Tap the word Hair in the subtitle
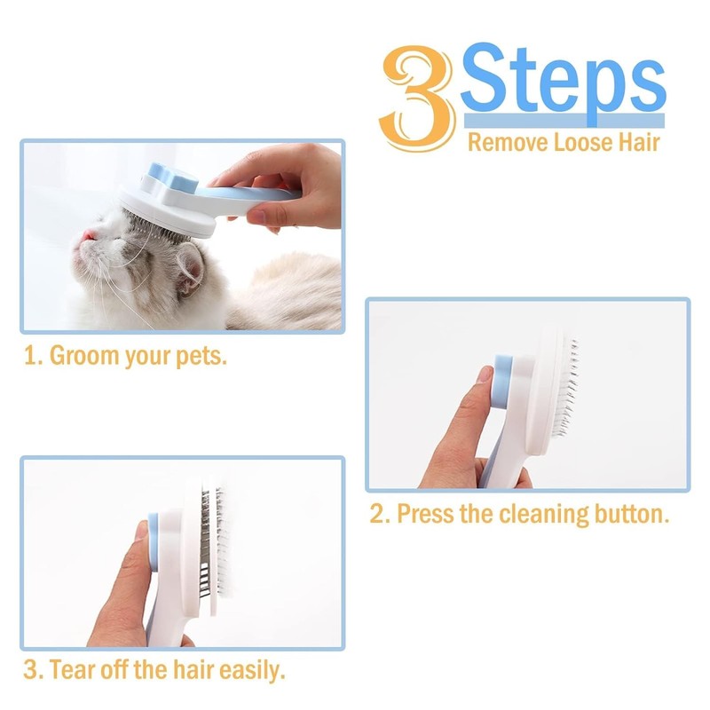(637, 141)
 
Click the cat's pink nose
(88, 235)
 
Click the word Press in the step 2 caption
(424, 514)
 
